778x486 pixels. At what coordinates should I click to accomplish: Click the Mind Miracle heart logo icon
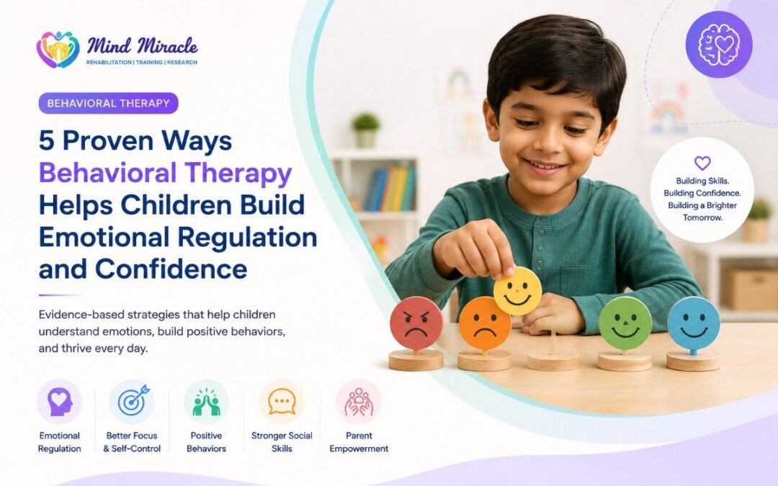[x=58, y=50]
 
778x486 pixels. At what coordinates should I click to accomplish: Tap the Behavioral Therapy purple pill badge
[x=108, y=103]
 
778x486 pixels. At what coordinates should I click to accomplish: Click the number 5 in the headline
[x=46, y=141]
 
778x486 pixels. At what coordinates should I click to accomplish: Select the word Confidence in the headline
[x=171, y=269]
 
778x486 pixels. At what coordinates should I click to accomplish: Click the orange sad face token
[x=484, y=323]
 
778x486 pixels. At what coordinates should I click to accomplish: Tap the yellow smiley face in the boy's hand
[x=517, y=291]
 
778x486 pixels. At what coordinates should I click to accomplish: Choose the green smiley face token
[x=625, y=323]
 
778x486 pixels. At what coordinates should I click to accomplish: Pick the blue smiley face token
[x=693, y=323]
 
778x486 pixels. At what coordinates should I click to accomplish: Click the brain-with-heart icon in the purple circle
[x=718, y=45]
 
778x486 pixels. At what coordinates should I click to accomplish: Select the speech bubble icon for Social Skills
[x=282, y=401]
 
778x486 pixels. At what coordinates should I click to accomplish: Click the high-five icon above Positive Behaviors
[x=206, y=401]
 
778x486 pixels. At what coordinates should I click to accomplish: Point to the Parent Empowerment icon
[x=359, y=401]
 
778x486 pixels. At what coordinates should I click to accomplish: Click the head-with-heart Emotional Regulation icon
[x=60, y=401]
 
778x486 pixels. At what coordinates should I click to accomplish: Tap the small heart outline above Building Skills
[x=702, y=163]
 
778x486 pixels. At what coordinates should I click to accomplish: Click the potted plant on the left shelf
[x=366, y=130]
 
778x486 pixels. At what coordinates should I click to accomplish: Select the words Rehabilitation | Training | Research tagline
[x=141, y=63]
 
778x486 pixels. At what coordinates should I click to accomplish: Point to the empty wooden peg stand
[x=553, y=352]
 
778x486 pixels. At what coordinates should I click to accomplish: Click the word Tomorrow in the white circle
[x=702, y=217]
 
